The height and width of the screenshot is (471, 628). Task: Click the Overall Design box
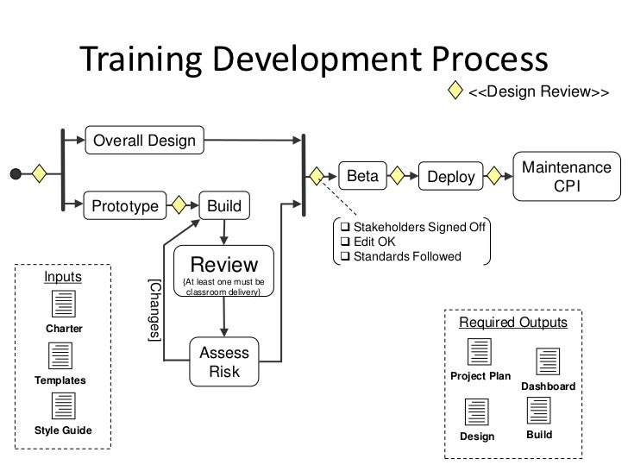144,140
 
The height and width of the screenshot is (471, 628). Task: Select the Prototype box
125,206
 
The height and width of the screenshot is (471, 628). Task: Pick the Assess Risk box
224,363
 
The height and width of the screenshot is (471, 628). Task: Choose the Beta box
363,176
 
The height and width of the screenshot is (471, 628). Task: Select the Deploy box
451,177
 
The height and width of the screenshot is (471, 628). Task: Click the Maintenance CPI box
562,176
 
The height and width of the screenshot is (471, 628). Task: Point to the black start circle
16,173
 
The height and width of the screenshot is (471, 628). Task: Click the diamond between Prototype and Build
179,206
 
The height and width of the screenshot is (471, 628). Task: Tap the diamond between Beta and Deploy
399,176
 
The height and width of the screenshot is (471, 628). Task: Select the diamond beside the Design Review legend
456,91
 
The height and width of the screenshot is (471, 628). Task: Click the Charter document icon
64,305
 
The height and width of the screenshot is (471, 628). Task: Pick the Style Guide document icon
64,406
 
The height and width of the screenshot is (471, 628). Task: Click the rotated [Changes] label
154,312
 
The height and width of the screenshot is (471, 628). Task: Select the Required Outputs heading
512,323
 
